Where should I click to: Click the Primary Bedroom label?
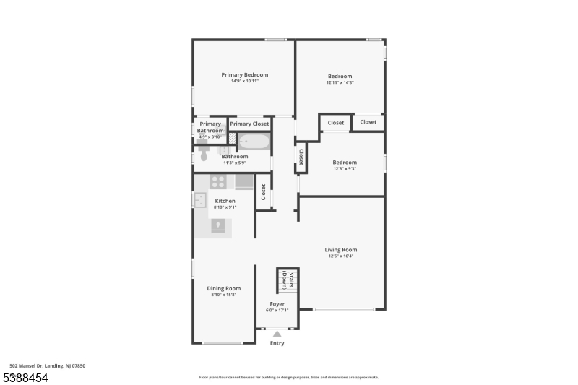244,75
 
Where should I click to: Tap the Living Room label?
341,250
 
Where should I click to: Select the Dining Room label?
223,288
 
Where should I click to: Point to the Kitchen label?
225,201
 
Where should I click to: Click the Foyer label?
277,304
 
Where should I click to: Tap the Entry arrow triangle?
277,334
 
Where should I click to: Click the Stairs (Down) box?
287,280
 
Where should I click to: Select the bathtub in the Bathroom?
254,142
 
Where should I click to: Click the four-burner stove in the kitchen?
219,182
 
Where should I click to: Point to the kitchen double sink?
199,201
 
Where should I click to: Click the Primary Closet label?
249,124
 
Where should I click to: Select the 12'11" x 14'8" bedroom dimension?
340,82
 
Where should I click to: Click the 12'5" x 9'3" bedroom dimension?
344,169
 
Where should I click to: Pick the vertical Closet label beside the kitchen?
264,192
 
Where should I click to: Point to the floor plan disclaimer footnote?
288,377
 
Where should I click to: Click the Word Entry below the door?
277,343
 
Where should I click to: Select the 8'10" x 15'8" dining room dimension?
223,295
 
